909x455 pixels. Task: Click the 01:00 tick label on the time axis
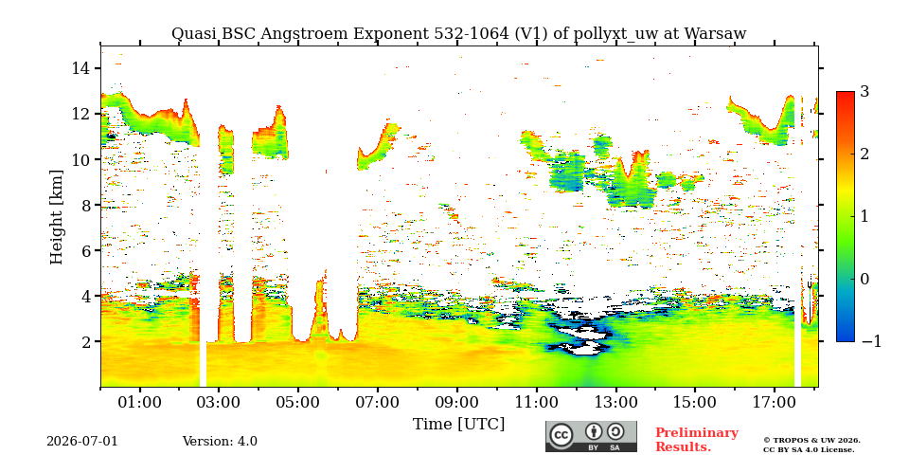(140, 402)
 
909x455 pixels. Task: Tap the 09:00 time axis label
(456, 402)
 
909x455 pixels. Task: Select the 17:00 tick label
(774, 402)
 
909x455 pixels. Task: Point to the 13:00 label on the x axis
(615, 402)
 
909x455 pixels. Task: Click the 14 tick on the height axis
(81, 68)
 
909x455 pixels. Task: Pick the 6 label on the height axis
(86, 250)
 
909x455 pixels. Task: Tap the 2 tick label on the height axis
(86, 342)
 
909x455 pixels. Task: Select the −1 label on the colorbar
(871, 341)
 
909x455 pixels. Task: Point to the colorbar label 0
(865, 279)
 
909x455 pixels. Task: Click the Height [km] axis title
(56, 216)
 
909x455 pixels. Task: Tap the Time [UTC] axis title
(458, 425)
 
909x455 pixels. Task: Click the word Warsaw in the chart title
(716, 34)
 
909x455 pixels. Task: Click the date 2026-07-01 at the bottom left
(82, 442)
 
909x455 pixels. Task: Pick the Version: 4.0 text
(220, 442)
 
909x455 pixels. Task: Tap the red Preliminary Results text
(697, 440)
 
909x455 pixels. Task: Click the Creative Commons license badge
(591, 436)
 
